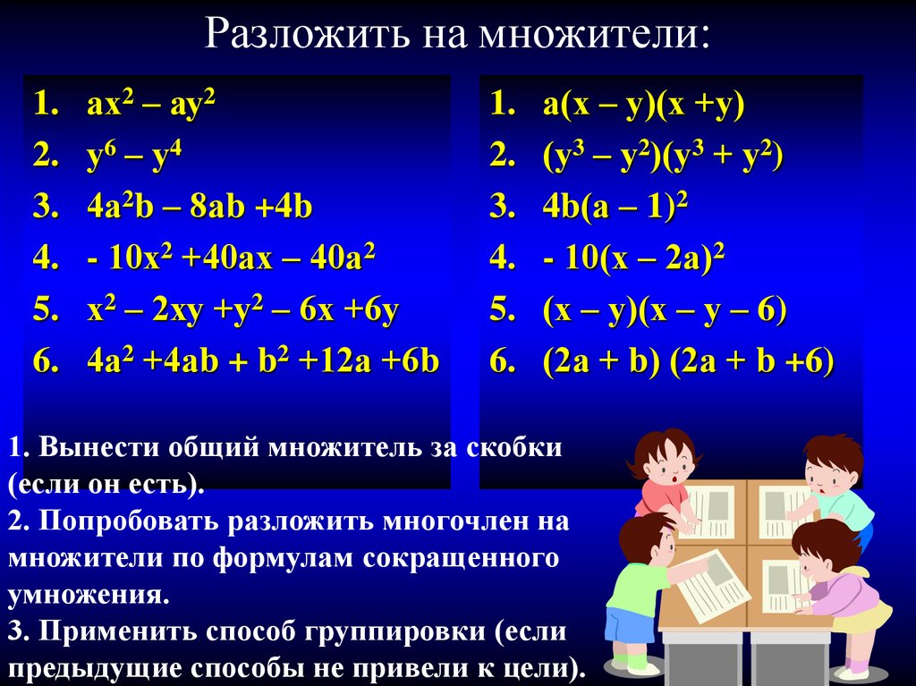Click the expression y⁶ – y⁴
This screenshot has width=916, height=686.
point(134,155)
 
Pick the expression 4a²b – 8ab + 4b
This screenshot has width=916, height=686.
point(199,207)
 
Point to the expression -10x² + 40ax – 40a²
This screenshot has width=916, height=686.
point(232,257)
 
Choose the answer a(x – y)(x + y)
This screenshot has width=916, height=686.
point(644,106)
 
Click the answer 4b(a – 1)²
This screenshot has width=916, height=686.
point(615,207)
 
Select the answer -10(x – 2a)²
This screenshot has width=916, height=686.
point(634,258)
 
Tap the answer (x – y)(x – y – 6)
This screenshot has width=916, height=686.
point(665,309)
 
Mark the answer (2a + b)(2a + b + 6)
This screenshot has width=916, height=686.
point(688,361)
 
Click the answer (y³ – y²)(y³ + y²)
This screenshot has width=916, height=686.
point(663,156)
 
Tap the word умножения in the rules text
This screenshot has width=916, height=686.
point(89,596)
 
